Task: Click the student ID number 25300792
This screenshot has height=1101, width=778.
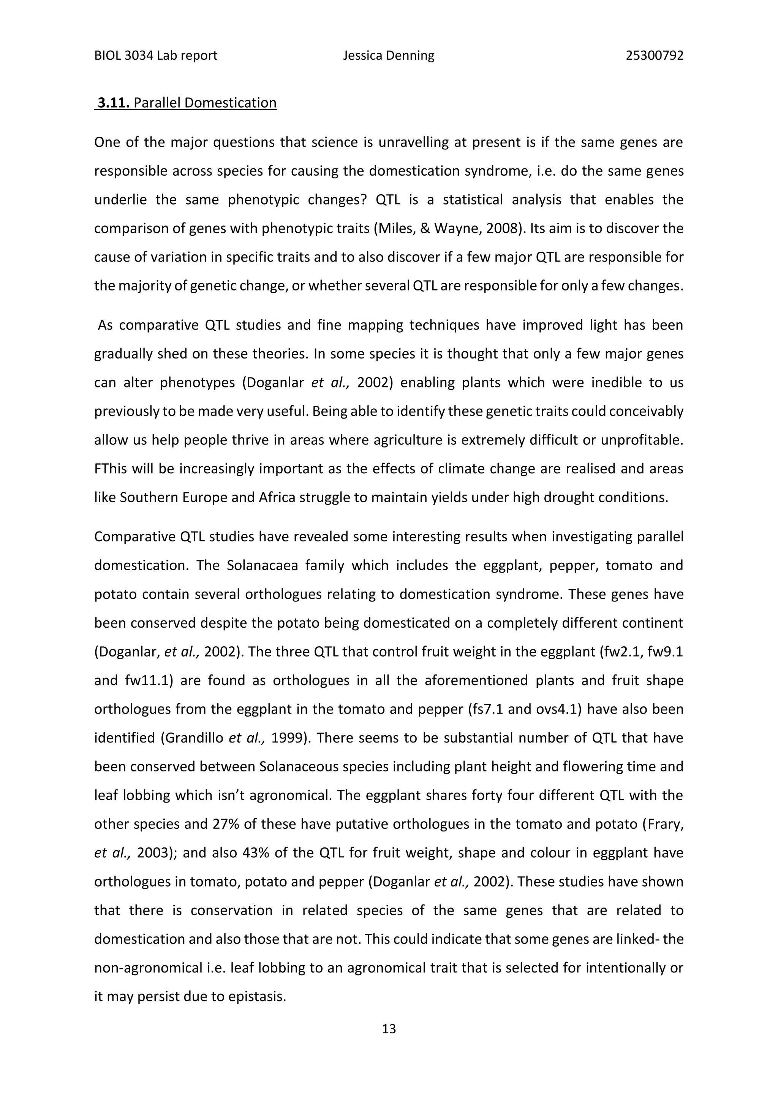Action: pyautogui.click(x=655, y=56)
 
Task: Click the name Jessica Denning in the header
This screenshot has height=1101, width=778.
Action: pyautogui.click(x=389, y=56)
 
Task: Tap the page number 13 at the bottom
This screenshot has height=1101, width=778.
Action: pyautogui.click(x=389, y=1029)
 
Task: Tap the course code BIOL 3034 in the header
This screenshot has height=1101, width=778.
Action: pyautogui.click(x=123, y=56)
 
